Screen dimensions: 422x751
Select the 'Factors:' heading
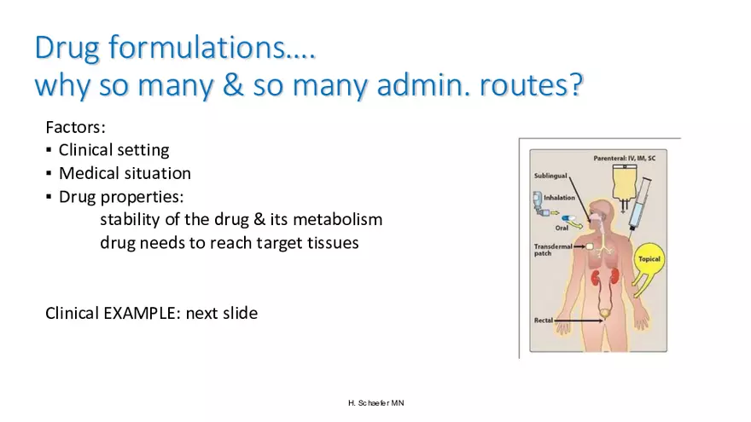[x=75, y=127]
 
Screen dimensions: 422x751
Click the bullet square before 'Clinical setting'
[x=49, y=151]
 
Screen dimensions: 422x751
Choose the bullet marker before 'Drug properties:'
[x=49, y=197]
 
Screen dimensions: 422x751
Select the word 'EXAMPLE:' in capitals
[x=142, y=313]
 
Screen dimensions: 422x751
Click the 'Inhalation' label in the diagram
[x=559, y=197]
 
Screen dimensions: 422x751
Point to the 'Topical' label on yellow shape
[x=649, y=259]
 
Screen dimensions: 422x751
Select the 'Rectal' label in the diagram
[x=544, y=321]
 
